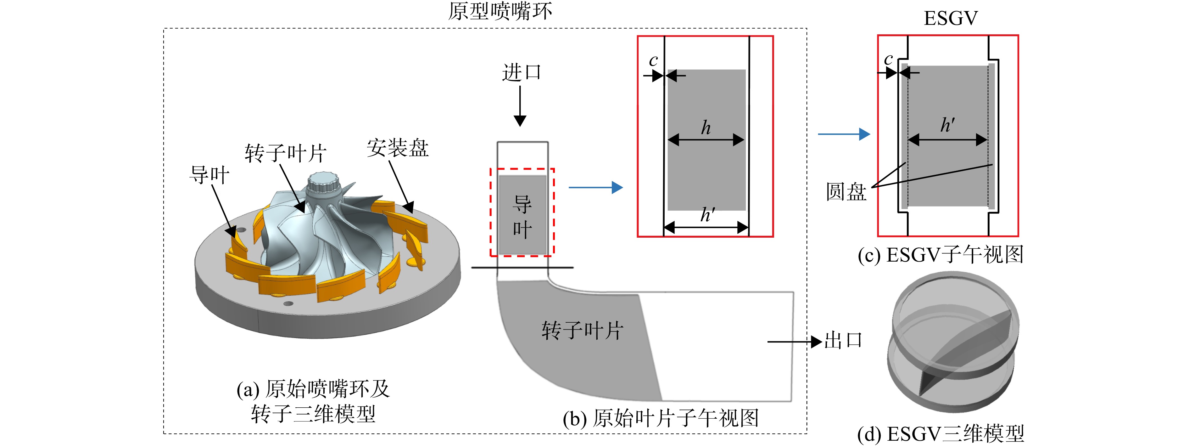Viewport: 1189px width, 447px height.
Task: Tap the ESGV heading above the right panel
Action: [x=950, y=19]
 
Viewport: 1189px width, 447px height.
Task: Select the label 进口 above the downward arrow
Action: [x=522, y=72]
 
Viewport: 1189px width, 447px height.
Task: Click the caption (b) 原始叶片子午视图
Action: [x=661, y=418]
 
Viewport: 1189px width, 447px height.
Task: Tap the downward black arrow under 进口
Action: [x=520, y=106]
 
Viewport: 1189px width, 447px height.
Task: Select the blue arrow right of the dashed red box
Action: [x=596, y=188]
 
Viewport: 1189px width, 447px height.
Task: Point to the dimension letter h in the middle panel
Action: [x=706, y=128]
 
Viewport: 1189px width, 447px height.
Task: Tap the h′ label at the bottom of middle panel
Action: [x=708, y=214]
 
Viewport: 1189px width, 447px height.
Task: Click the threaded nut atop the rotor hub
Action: [x=323, y=183]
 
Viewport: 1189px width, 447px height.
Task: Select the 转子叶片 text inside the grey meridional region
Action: [x=583, y=331]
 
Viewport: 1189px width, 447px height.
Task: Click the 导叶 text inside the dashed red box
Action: [x=522, y=217]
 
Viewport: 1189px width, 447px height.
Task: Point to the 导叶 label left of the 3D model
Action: [x=209, y=175]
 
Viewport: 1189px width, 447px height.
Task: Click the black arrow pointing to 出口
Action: [x=795, y=342]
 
